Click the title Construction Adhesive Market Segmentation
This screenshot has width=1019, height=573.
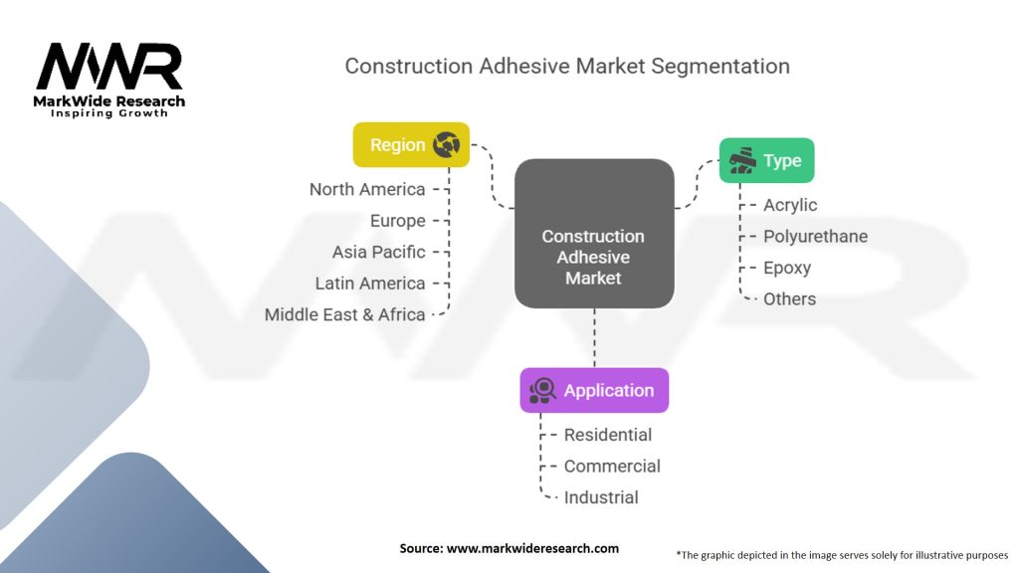pos(567,67)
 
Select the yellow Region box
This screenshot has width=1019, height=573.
pos(411,145)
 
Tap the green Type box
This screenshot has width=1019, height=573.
pos(766,160)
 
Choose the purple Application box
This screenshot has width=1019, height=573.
pos(594,390)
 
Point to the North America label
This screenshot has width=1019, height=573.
pos(367,189)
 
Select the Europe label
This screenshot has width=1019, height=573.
pos(397,221)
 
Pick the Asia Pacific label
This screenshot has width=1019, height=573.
pos(378,252)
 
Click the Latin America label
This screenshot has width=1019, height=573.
pos(370,284)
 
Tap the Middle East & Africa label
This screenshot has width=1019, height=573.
pos(345,314)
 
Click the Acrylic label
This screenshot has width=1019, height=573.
pos(790,205)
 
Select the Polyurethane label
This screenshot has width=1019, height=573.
pos(815,236)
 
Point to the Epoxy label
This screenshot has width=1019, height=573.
pos(787,268)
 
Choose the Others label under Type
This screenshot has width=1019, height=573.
pos(789,298)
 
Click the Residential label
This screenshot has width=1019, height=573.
pos(608,435)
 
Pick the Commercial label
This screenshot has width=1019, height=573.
pos(612,466)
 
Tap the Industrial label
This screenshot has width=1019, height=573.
pos(601,497)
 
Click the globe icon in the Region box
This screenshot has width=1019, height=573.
pos(446,145)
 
